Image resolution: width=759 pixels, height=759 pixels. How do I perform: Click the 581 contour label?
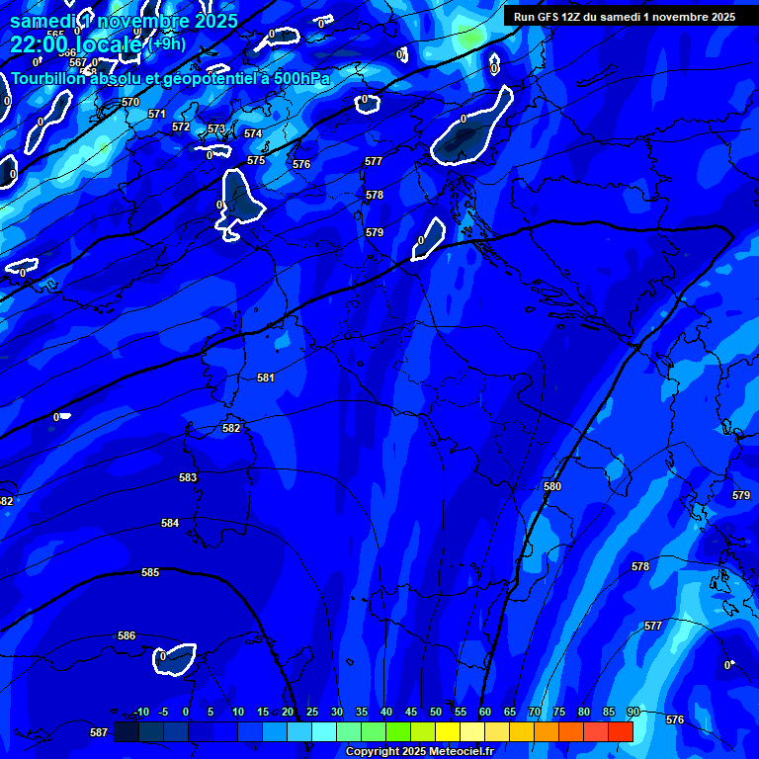coord(266,378)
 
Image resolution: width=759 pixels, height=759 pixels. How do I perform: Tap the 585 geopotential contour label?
coord(150,572)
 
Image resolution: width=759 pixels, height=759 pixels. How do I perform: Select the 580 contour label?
coord(552,486)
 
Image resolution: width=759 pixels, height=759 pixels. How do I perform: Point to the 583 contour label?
coord(188,477)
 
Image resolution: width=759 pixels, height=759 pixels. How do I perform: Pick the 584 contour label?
coord(170,523)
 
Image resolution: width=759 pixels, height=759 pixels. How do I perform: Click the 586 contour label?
coord(126,635)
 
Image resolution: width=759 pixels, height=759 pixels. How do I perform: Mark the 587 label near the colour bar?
coord(99,732)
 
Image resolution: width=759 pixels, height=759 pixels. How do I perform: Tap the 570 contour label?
coord(130,102)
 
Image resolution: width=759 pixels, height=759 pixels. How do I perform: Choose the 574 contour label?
coord(253,133)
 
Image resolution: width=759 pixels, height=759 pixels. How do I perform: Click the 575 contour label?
coord(256,160)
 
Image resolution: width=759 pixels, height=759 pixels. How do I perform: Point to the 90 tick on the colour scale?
coord(632,712)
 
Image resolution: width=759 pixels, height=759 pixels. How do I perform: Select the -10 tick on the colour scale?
coord(141,712)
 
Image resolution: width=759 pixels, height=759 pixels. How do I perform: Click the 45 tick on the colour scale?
coord(411,712)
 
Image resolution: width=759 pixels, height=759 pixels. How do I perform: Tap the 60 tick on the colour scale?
coord(485,712)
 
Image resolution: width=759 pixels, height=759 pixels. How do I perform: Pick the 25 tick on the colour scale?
coord(312,712)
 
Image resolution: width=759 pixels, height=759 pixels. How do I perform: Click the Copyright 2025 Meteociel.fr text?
coord(419,751)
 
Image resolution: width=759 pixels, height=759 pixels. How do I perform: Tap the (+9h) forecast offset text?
coord(167,43)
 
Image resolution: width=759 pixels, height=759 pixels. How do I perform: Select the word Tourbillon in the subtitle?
coord(49,78)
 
